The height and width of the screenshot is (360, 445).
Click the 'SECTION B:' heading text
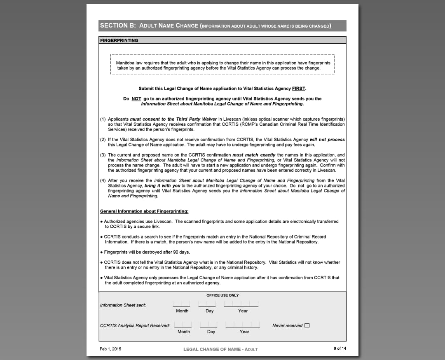click(118, 26)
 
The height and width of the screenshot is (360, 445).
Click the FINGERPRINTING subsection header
click(119, 40)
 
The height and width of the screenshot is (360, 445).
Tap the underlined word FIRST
click(298, 89)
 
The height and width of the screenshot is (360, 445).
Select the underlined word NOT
click(136, 99)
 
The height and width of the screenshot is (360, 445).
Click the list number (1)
click(103, 119)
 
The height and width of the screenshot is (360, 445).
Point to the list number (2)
click(103, 140)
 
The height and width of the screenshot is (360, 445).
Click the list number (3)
click(103, 155)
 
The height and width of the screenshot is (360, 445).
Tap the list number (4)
click(103, 180)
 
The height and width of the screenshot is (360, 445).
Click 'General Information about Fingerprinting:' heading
click(144, 211)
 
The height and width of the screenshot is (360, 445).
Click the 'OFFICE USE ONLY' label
click(222, 295)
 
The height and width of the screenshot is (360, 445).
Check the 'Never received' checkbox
click(307, 325)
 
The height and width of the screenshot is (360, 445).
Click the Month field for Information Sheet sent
click(182, 304)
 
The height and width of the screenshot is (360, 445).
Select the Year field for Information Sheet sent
click(241, 304)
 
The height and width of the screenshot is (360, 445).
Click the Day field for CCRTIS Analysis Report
click(208, 325)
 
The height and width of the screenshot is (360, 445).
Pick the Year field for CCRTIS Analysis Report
click(243, 325)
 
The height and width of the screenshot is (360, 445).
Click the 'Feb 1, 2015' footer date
click(110, 349)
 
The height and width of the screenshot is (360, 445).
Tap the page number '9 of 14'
click(340, 348)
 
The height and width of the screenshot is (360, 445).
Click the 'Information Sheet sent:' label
click(123, 305)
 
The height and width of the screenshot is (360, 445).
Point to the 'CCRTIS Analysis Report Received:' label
click(135, 325)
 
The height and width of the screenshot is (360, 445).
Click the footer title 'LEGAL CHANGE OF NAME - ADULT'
click(220, 349)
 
